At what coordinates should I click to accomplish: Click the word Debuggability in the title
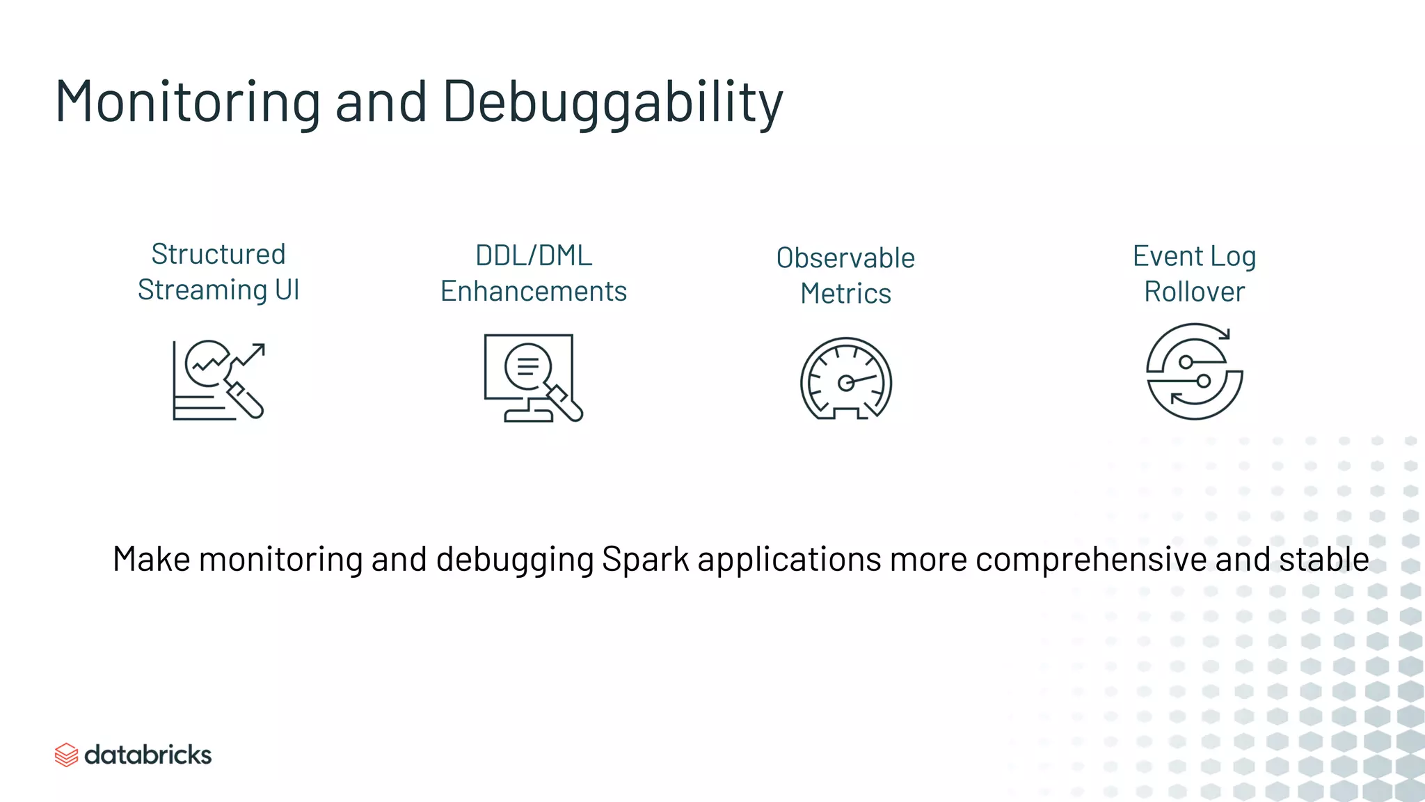[x=612, y=103]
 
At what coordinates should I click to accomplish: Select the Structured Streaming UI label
[x=218, y=272]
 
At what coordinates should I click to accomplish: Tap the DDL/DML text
[x=534, y=255]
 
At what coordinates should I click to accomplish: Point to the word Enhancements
[x=534, y=291]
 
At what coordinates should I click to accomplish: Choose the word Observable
[x=845, y=258]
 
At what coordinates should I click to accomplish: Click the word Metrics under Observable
[x=845, y=294]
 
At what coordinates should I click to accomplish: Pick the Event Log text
[x=1194, y=256]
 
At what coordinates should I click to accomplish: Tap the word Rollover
[x=1194, y=292]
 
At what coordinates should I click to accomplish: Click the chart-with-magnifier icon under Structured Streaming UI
[x=218, y=380]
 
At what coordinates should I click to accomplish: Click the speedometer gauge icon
[x=845, y=379]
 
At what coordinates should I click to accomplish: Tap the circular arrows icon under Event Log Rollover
[x=1194, y=372]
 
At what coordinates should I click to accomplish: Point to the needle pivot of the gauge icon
[x=845, y=383]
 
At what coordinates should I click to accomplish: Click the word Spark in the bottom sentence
[x=645, y=560]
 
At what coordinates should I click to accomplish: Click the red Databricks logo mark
[x=66, y=755]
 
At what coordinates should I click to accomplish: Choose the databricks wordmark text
[x=148, y=755]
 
